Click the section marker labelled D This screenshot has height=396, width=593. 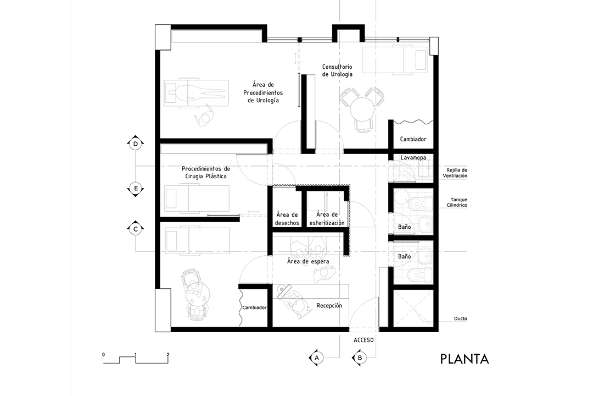coord(136,144)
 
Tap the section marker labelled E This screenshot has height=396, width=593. coord(136,188)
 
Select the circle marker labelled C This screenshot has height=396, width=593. coord(136,229)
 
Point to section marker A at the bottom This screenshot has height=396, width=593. coord(317,358)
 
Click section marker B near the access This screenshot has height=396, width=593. coord(360,358)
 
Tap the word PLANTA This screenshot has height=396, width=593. coord(465,359)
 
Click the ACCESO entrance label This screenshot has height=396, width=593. coord(363,340)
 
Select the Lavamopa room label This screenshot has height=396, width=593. coord(413,157)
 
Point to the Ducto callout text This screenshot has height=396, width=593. coord(461,318)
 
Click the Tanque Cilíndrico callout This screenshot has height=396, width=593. coord(458,202)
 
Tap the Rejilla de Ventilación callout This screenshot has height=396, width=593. coord(455,173)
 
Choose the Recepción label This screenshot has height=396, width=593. coord(329,306)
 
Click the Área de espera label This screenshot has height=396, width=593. coord(308,261)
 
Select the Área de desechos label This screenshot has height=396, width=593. coord(287,219)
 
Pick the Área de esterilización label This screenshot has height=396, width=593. coord(327,219)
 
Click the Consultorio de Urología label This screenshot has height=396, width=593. coord(337,70)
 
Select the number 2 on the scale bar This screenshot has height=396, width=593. coord(168,355)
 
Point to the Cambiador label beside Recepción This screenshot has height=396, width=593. coord(254,307)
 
